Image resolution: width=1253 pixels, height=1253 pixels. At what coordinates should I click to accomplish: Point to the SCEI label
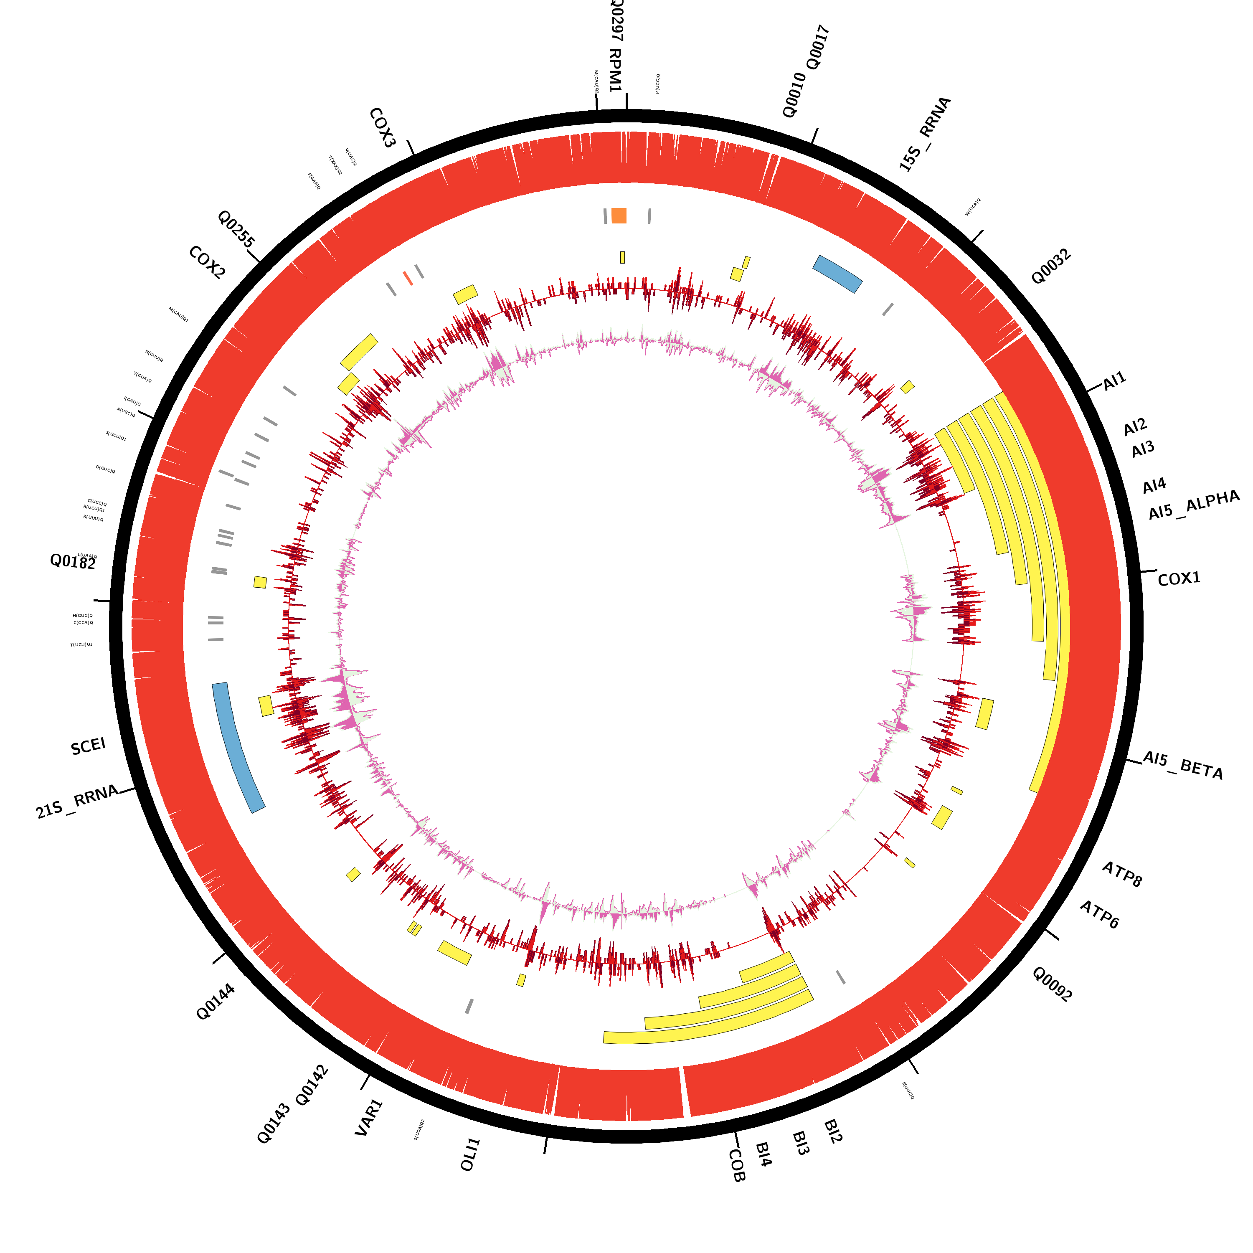(x=88, y=746)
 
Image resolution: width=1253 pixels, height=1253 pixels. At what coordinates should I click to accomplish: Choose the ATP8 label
(x=1122, y=874)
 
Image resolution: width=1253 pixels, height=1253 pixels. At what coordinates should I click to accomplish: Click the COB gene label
(x=737, y=1165)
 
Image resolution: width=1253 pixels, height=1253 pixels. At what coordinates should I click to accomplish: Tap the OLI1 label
(x=470, y=1154)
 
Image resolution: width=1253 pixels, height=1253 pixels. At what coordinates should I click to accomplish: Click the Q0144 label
(x=216, y=1002)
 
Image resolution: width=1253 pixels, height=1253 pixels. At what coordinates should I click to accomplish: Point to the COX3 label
(x=382, y=128)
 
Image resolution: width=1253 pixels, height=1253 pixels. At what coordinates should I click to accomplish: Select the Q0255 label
(x=236, y=229)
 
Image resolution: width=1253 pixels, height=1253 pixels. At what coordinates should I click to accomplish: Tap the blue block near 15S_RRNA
(x=837, y=274)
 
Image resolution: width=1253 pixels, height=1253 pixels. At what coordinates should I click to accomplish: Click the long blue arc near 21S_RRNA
(x=238, y=747)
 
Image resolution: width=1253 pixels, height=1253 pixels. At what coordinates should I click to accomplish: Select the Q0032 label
(x=1051, y=266)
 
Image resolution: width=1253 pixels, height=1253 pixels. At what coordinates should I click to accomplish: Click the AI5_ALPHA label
(x=1193, y=505)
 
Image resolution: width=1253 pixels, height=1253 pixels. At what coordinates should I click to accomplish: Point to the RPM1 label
(x=615, y=70)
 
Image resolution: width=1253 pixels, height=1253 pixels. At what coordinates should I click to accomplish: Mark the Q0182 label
(x=73, y=562)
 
